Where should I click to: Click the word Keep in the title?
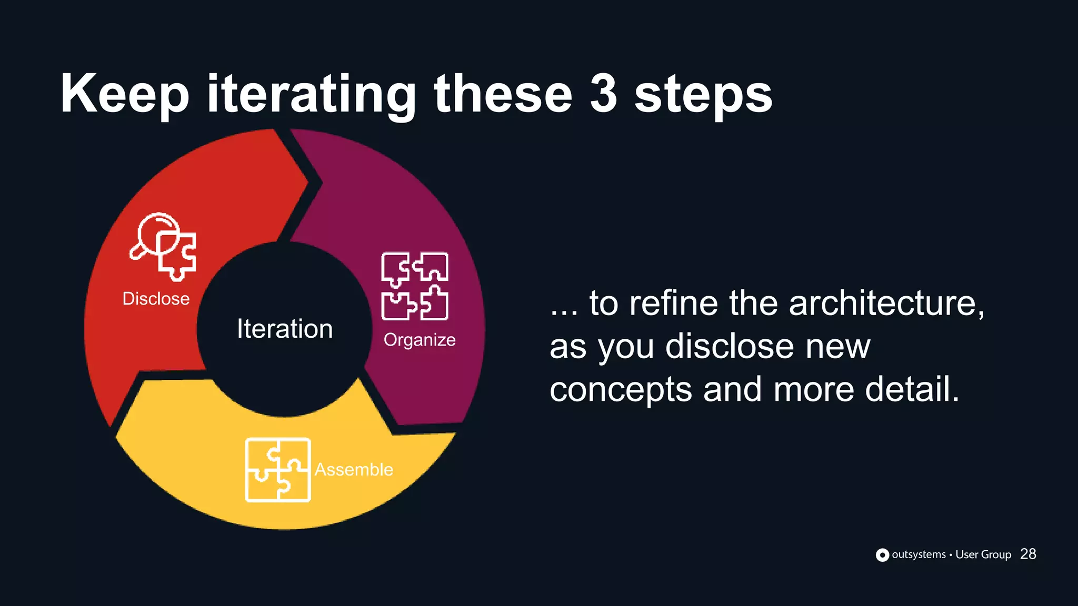coord(124,95)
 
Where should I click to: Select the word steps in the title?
coord(703,96)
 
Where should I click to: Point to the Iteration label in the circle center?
coord(285,329)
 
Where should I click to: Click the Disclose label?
coord(156,299)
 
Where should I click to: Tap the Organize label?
coord(420,340)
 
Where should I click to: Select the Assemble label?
coord(354,469)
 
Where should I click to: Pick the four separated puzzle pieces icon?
coord(415,286)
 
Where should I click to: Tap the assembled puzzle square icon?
coord(278,470)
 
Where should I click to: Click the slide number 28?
coord(1028,554)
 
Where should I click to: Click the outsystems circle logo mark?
coord(882,555)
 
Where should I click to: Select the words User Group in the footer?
coord(983,554)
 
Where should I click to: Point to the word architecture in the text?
coord(886,304)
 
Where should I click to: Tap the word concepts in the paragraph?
coord(621,390)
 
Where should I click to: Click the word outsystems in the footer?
coord(919,554)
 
